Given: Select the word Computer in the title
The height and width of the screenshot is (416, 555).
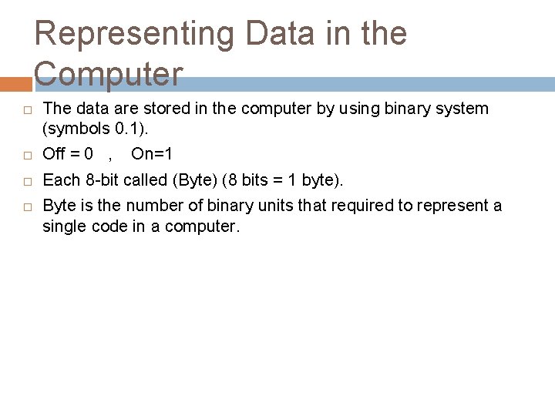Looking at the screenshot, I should [109, 75].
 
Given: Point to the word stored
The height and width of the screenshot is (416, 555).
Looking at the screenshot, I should [157, 109].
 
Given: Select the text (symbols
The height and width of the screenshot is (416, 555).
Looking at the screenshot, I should [73, 128].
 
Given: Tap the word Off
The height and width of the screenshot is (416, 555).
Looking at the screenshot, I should [53, 154].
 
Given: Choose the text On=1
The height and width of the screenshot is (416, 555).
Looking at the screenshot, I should [152, 154].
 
